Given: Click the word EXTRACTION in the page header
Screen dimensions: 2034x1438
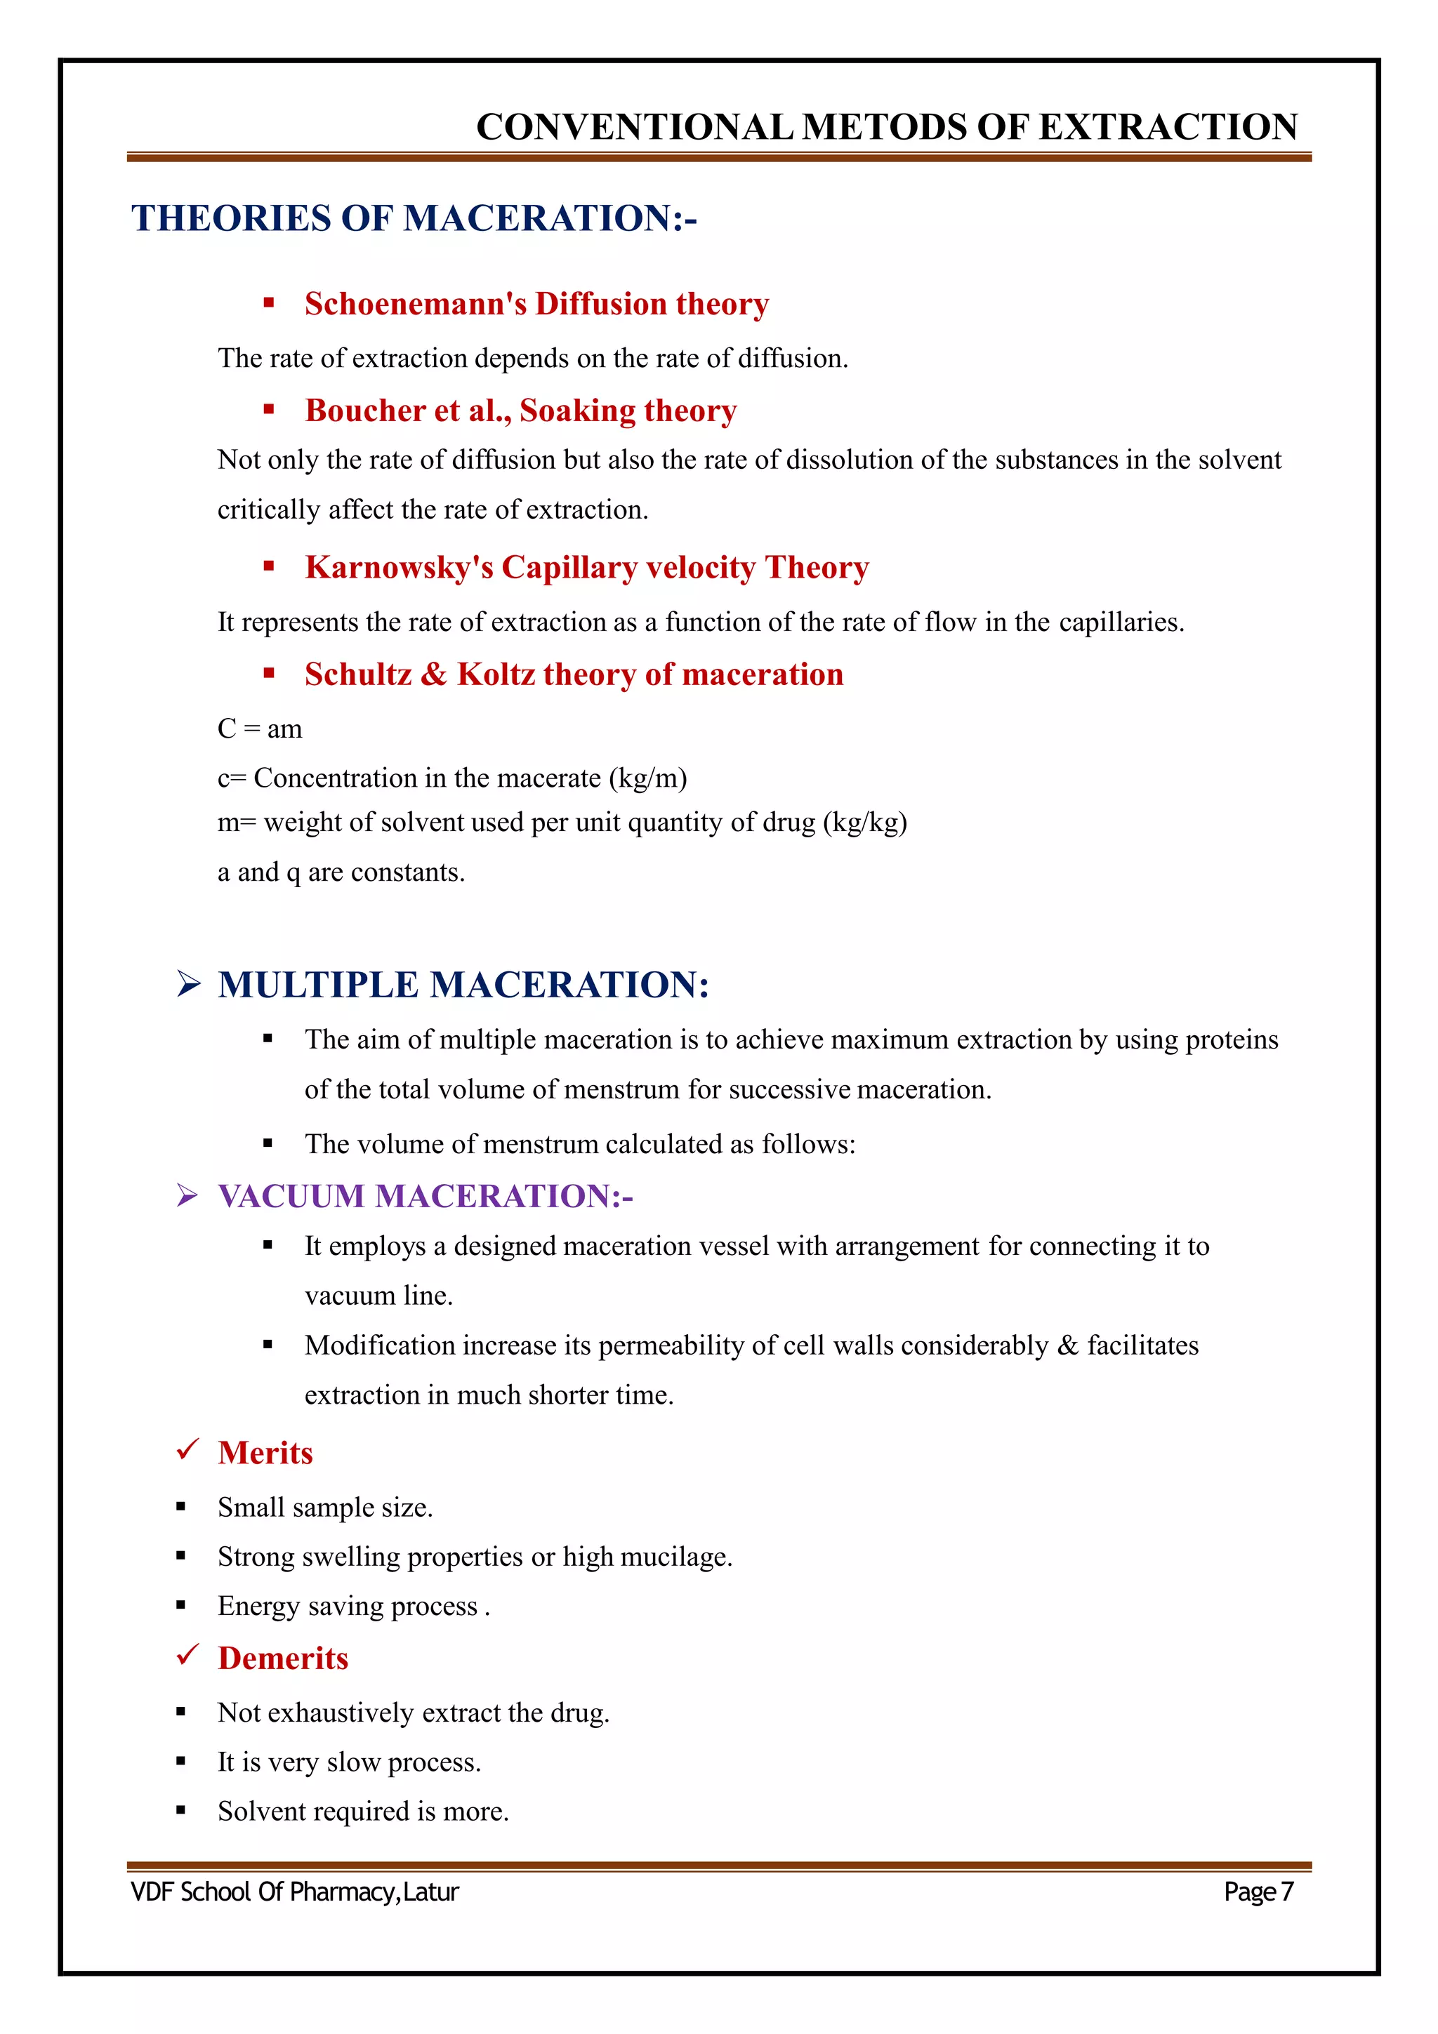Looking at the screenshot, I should click(1168, 128).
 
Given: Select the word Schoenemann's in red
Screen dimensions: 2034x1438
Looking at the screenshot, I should click(416, 304).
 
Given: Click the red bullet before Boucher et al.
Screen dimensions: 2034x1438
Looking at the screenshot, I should click(268, 409).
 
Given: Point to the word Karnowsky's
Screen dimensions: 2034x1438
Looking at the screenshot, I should click(399, 567).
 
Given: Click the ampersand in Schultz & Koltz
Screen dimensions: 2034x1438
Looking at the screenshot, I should click(433, 674).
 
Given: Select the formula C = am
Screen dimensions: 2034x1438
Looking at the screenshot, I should click(260, 729).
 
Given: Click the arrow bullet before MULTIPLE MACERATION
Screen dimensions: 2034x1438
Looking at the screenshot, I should click(188, 984).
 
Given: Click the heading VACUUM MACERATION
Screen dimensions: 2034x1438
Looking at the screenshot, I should click(426, 1196).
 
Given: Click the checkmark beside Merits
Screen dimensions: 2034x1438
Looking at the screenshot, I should click(187, 1449).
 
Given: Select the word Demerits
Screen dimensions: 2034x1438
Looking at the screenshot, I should click(283, 1659).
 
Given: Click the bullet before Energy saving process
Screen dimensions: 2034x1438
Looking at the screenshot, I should click(180, 1605).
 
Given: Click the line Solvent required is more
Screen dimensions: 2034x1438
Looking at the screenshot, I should click(363, 1812).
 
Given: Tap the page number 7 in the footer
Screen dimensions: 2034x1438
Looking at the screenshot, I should click(1286, 1892).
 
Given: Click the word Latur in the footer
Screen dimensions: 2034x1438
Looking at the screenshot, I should click(432, 1892).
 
